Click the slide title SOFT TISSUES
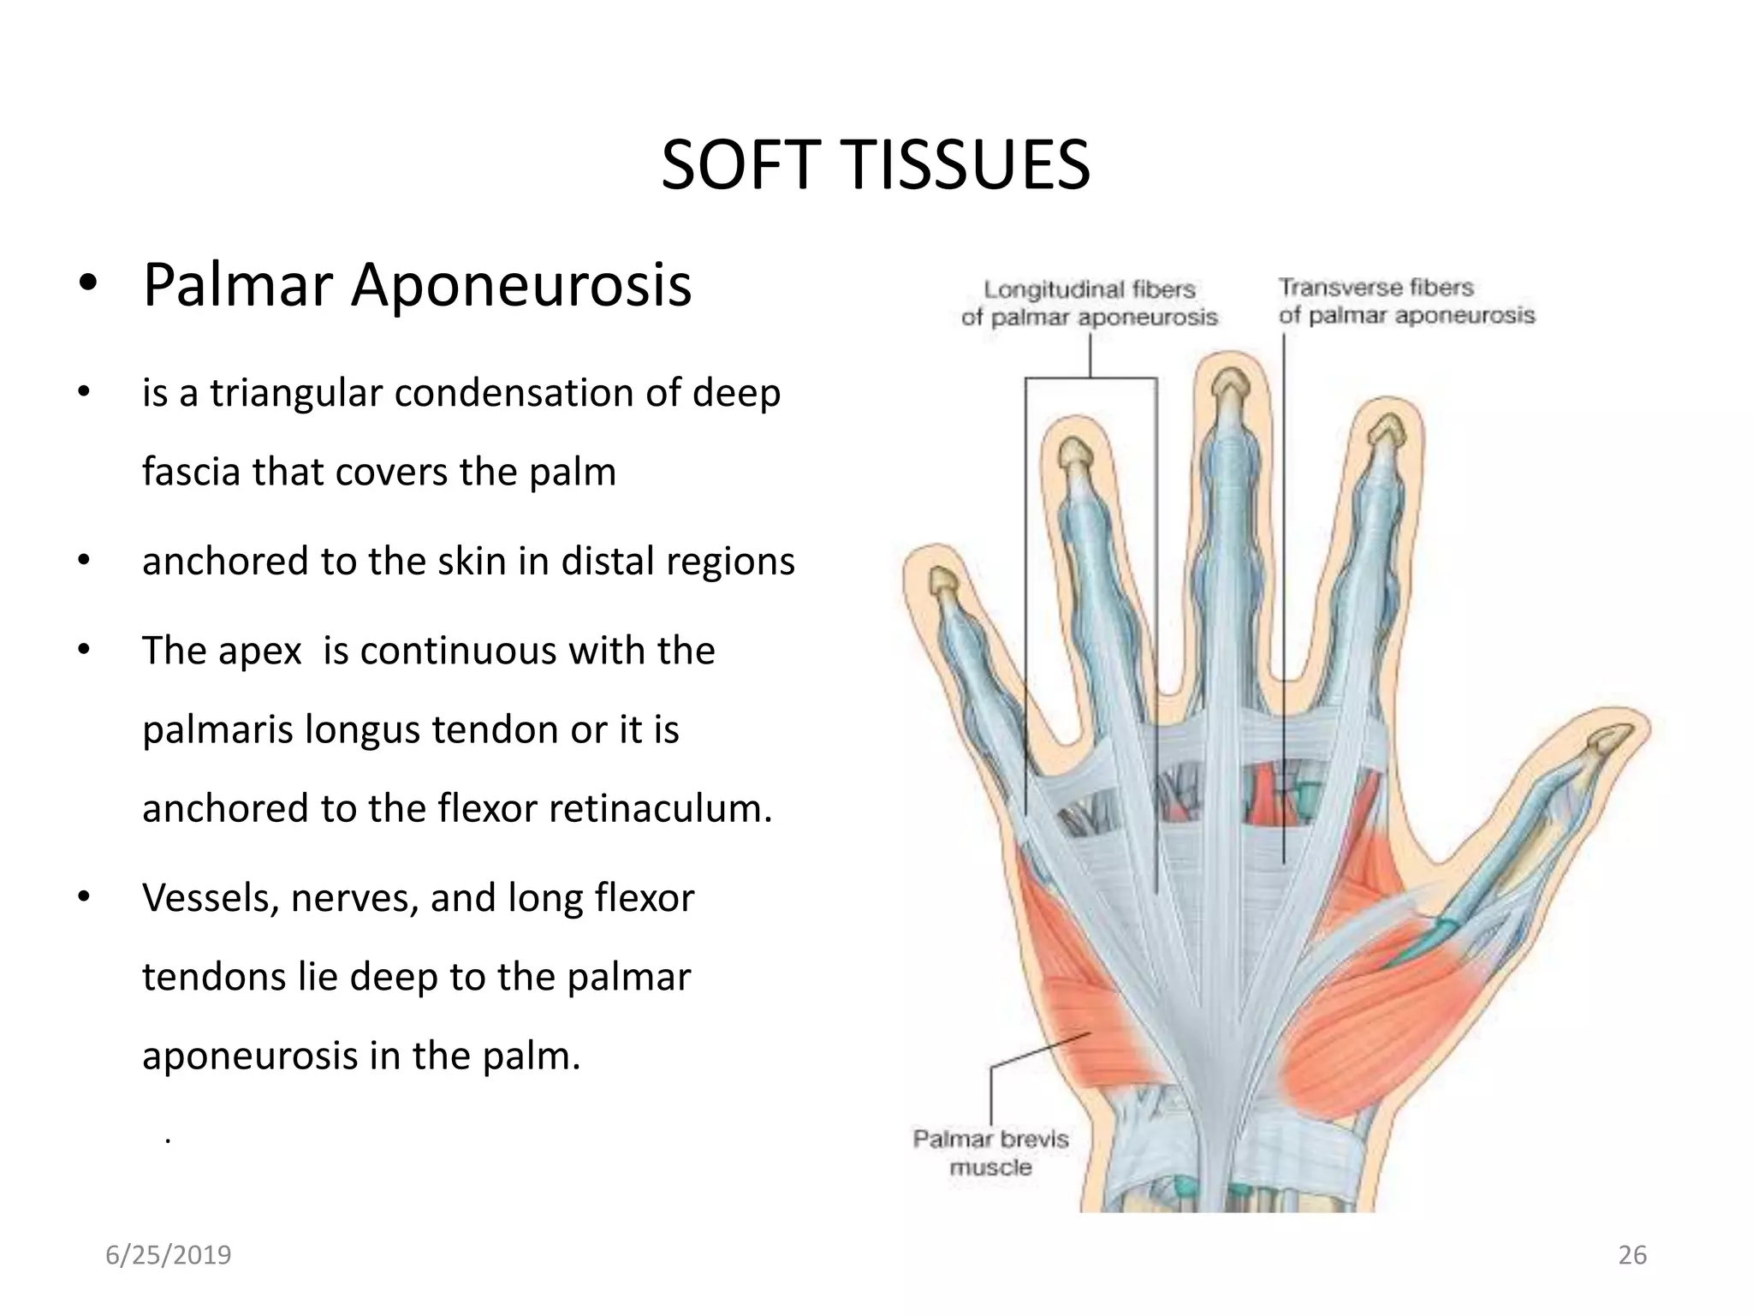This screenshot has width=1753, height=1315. tap(875, 165)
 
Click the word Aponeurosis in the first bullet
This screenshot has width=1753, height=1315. tap(520, 285)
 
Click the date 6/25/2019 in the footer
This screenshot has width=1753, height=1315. tap(169, 1255)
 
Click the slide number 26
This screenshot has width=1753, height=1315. tap(1632, 1255)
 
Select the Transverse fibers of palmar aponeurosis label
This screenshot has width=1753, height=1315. tap(1406, 301)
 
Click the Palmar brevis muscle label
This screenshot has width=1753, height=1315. tap(990, 1153)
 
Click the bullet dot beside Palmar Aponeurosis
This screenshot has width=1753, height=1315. tap(86, 286)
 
